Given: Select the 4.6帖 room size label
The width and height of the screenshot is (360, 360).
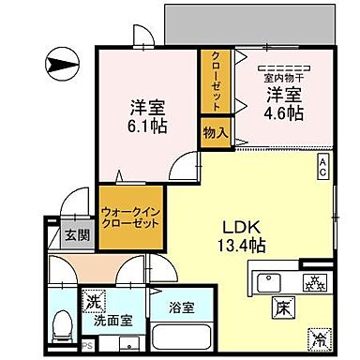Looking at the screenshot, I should tap(281, 111).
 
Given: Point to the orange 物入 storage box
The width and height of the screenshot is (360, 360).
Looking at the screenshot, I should tap(215, 132).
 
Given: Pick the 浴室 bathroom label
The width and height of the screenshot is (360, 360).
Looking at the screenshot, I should tap(181, 307).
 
